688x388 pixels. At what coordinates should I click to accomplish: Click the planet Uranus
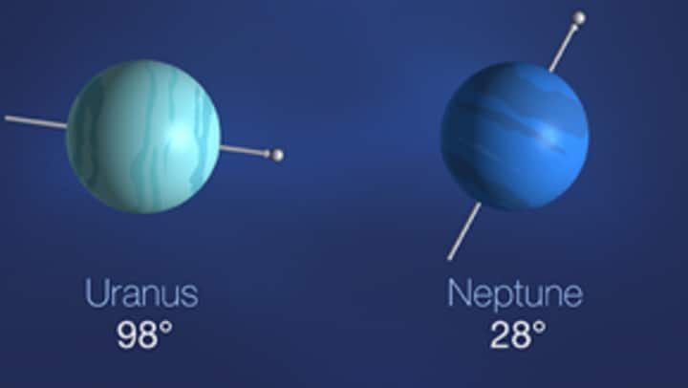coord(143,136)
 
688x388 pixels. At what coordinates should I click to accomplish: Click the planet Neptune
coord(515,136)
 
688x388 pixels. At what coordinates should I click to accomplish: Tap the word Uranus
coord(141,293)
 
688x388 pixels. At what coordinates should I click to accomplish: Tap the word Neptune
coord(514,293)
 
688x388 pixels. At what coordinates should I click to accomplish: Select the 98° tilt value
coord(144,334)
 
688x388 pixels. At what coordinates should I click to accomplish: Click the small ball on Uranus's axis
coord(277,155)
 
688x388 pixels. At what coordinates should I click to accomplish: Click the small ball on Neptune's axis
coord(578,17)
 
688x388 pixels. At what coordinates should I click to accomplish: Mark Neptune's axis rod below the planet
coord(464,230)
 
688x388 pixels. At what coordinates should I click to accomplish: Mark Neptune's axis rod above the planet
coord(564,44)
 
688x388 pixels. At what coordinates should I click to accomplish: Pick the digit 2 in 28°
coord(499,334)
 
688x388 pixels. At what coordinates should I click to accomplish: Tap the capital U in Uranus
coord(97,293)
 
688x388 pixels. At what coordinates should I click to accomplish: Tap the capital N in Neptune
coord(460,293)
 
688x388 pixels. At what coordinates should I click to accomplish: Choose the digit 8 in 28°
coord(520,334)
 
